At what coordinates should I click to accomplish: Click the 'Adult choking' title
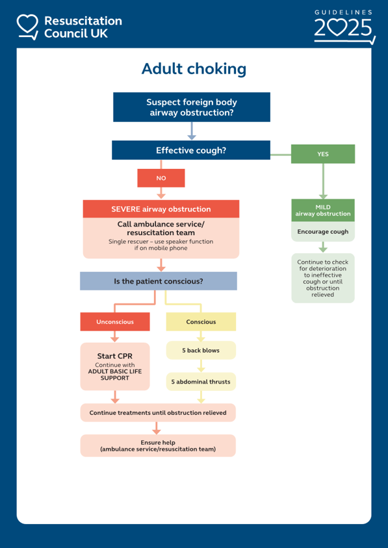click(194, 69)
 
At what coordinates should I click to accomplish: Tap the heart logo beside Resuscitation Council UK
click(27, 27)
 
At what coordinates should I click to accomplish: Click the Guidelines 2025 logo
click(344, 27)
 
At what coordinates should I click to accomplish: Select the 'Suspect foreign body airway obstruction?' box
click(192, 107)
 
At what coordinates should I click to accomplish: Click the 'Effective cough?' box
click(191, 150)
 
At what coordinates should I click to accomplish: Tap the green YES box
click(323, 154)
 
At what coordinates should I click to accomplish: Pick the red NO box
click(161, 179)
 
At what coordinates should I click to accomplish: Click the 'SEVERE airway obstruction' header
click(161, 209)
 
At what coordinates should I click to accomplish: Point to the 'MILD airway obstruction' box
click(323, 210)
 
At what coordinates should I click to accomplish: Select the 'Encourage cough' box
click(323, 231)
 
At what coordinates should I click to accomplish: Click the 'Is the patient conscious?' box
click(159, 281)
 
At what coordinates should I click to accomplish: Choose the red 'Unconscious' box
click(115, 322)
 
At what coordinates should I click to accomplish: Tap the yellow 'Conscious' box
click(201, 322)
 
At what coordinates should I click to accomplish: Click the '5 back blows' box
click(201, 350)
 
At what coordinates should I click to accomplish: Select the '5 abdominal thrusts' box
click(201, 382)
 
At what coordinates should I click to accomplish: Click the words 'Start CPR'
click(114, 356)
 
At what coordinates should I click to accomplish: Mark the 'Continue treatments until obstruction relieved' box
click(158, 413)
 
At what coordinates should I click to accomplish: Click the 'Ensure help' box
click(158, 445)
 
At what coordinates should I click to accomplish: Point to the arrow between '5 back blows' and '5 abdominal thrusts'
click(201, 366)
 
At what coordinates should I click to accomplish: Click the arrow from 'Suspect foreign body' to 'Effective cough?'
click(192, 131)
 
